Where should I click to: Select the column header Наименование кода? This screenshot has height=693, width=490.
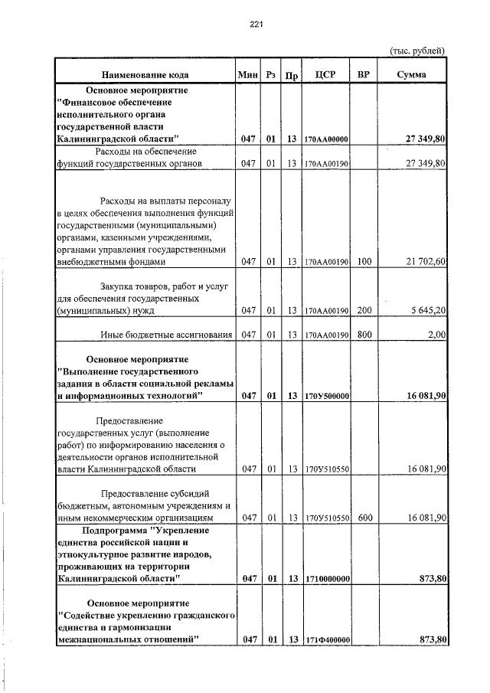[145, 75]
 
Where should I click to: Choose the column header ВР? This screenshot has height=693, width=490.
[364, 75]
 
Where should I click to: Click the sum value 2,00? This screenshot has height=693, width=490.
[437, 335]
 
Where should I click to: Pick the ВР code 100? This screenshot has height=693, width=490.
[364, 262]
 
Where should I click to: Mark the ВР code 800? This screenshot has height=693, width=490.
[364, 335]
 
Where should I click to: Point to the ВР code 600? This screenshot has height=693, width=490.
[364, 518]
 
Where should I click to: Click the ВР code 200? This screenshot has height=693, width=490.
[364, 312]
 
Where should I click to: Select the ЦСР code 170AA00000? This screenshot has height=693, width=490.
[326, 139]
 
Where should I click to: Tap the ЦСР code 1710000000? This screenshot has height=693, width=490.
[326, 579]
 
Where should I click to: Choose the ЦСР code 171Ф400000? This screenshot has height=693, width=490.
[326, 639]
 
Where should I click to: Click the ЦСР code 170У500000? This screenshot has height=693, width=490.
[326, 396]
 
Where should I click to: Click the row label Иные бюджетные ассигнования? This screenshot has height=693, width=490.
[166, 335]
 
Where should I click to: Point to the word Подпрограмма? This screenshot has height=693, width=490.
[113, 530]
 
